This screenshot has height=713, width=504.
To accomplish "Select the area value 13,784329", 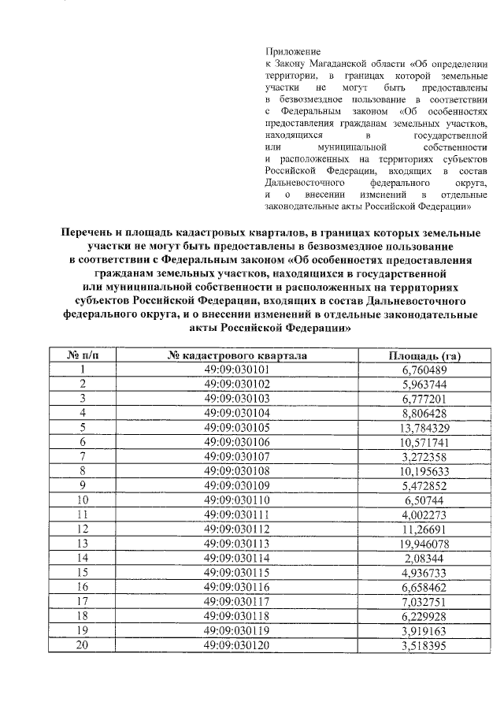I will pyautogui.click(x=424, y=427).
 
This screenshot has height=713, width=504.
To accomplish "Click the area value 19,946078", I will pyautogui.click(x=424, y=543).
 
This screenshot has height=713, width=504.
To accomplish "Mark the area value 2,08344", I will pyautogui.click(x=424, y=557).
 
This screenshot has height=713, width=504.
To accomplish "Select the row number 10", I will pyautogui.click(x=83, y=499).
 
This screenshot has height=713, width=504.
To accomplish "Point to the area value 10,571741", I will pyautogui.click(x=424, y=442).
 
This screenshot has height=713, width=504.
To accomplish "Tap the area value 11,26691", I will pyautogui.click(x=424, y=529).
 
